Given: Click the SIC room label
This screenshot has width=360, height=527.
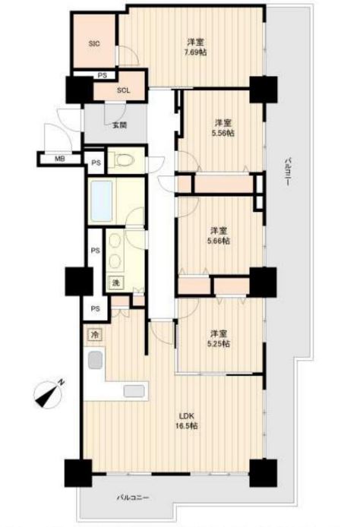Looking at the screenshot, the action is tap(94, 44).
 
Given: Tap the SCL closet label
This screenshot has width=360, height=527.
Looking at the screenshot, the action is tap(123, 90).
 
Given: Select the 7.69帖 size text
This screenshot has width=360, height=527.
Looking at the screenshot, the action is tap(195, 52).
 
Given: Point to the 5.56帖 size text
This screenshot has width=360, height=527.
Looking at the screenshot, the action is tap(223, 133).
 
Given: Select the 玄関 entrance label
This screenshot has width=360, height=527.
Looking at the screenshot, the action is tap(119, 125).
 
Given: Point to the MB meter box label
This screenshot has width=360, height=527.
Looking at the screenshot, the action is tap(60, 159).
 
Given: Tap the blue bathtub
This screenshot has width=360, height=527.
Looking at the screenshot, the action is tap(101, 201).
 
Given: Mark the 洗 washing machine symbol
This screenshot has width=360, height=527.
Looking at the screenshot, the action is tap(115, 282).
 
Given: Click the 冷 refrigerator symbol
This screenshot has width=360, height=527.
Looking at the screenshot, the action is tap(96, 335).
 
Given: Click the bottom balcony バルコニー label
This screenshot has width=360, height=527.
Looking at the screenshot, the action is tap(132, 497).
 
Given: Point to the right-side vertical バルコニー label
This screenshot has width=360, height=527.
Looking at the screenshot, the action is tap(288, 171).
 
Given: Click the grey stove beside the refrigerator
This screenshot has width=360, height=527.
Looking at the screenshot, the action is tap(95, 360).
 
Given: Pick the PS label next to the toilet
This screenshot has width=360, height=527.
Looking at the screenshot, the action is tap(96, 163).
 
